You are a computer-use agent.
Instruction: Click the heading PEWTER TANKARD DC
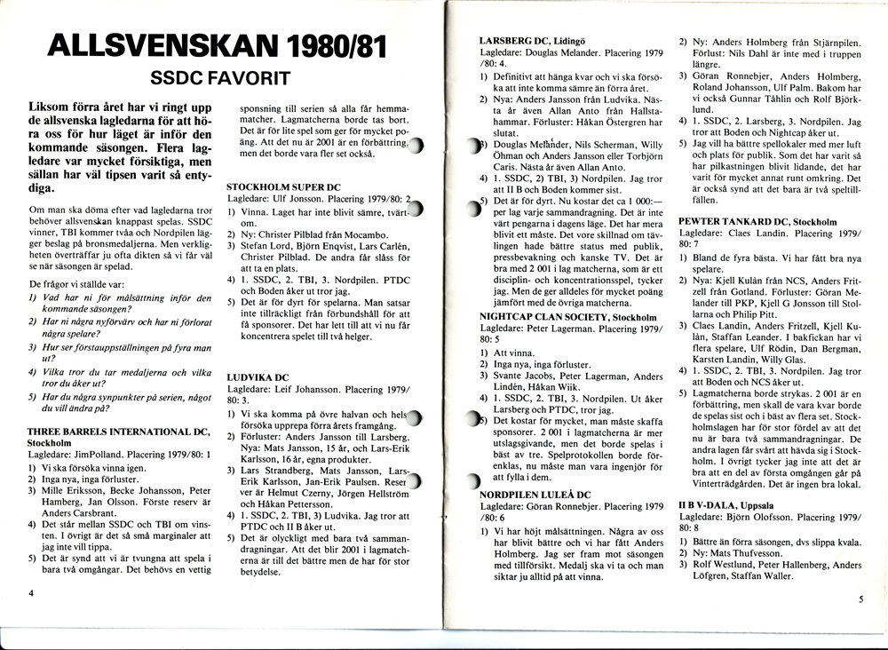point(744,221)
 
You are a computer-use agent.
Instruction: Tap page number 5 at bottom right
point(860,599)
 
